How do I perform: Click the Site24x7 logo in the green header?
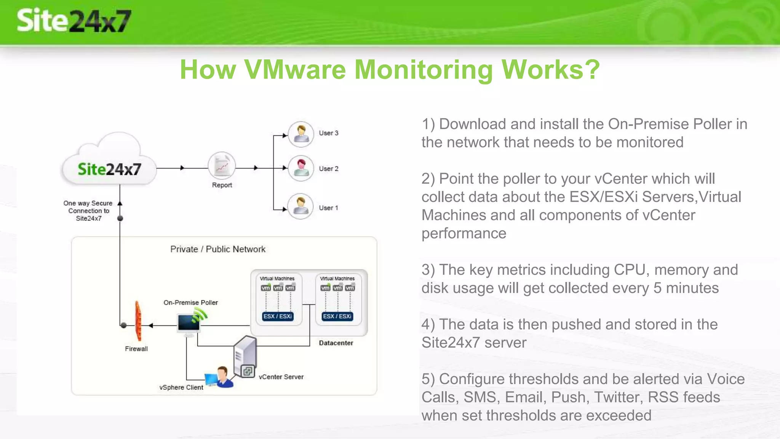coord(74,21)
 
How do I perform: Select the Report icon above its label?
coord(222,166)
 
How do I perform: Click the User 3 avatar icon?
coord(301,134)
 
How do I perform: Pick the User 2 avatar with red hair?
coord(301,168)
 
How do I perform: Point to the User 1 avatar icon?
coord(300,207)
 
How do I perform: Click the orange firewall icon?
coord(138,321)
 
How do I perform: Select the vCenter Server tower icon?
coord(245,357)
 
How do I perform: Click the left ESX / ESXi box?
coord(278,316)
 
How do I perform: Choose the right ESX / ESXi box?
coord(337,316)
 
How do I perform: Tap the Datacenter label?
coord(336,343)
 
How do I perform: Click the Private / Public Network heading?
coord(217,249)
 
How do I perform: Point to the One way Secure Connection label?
coord(88,211)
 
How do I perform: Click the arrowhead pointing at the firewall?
coord(151,325)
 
